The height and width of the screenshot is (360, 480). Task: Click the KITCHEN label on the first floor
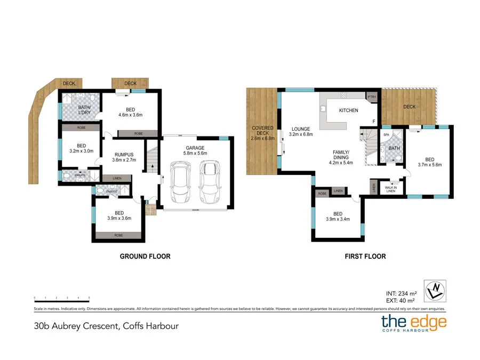349,110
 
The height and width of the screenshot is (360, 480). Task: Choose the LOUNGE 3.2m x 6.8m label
301,131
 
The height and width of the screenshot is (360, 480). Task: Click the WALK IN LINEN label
391,188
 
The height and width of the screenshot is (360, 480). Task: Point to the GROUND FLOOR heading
145,257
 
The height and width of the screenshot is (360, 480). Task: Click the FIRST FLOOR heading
365,257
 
